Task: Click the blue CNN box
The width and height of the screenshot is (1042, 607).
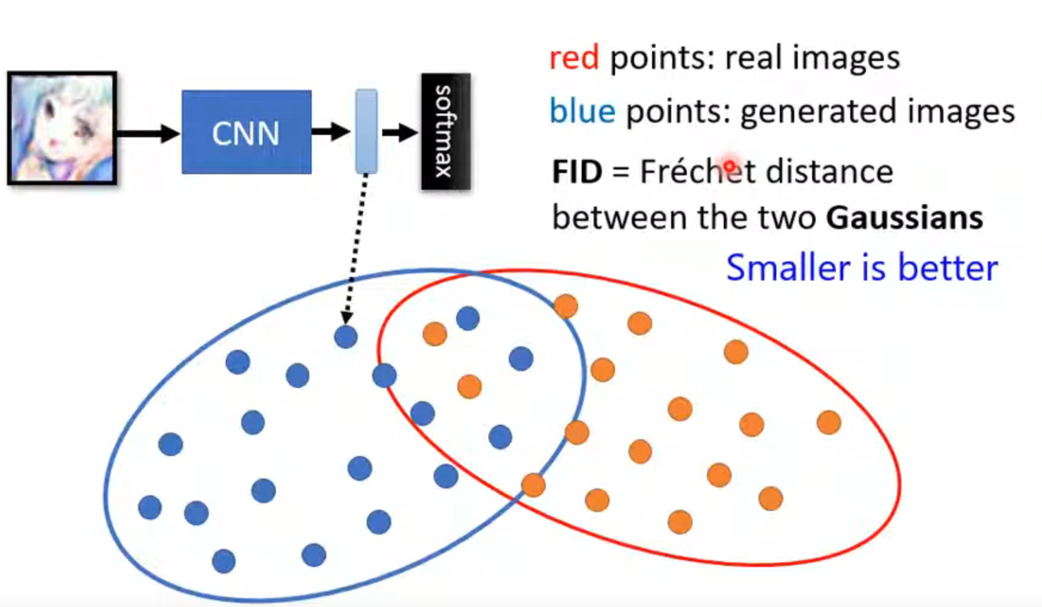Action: [x=246, y=132]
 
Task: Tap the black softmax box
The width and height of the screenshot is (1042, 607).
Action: [x=445, y=131]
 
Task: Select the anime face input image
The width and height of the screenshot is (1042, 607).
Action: [x=62, y=128]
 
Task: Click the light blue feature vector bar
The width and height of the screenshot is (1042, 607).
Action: [x=366, y=131]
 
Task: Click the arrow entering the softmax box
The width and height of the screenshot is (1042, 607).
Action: [x=399, y=132]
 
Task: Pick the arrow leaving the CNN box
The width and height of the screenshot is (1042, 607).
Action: [x=330, y=131]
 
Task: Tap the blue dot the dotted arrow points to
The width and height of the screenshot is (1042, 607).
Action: [x=346, y=337]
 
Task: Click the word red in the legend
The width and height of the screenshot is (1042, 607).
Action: [x=573, y=58]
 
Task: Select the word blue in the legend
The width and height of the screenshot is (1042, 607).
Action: [x=582, y=112]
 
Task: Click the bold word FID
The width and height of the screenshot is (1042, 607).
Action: [x=577, y=172]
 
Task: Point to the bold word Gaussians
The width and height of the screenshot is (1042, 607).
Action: [x=904, y=218]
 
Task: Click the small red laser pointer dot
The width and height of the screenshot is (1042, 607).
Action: [x=729, y=166]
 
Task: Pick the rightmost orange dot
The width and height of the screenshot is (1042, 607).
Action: [x=828, y=423]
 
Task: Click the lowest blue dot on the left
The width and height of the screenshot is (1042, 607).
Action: [x=223, y=561]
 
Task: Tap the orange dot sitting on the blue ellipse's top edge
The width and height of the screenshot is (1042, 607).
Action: [x=565, y=306]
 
